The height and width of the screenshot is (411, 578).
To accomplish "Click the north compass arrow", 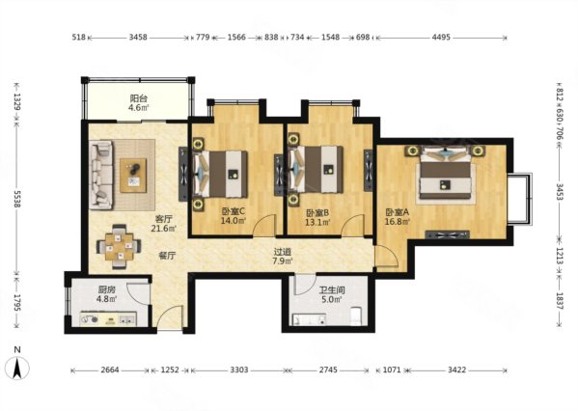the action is pyautogui.click(x=16, y=368).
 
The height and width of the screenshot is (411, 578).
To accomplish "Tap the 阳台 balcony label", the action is pyautogui.click(x=139, y=98).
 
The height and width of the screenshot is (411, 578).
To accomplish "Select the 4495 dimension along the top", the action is pyautogui.click(x=441, y=37).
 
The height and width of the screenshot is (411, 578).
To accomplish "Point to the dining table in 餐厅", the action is pyautogui.click(x=119, y=246).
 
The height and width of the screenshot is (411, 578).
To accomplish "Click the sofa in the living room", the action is pyautogui.click(x=100, y=175).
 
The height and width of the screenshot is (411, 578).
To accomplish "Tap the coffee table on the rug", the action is pyautogui.click(x=133, y=176).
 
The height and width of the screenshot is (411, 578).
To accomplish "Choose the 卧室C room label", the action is pyautogui.click(x=234, y=211).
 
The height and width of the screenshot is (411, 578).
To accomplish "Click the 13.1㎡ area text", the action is pyautogui.click(x=317, y=222).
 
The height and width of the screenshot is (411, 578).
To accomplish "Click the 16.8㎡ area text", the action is pyautogui.click(x=398, y=222).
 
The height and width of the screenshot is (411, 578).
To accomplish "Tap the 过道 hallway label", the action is pyautogui.click(x=283, y=252).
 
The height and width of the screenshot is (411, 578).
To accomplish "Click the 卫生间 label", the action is pyautogui.click(x=332, y=289).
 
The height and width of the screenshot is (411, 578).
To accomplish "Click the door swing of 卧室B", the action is pyautogui.click(x=352, y=225).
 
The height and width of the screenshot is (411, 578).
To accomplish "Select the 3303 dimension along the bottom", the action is pyautogui.click(x=239, y=370).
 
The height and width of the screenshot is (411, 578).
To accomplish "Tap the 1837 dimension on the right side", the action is pyautogui.click(x=560, y=301).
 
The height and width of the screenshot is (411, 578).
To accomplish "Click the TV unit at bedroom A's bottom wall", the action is pyautogui.click(x=448, y=234).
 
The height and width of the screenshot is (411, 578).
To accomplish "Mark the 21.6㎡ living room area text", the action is pyautogui.click(x=163, y=229).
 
